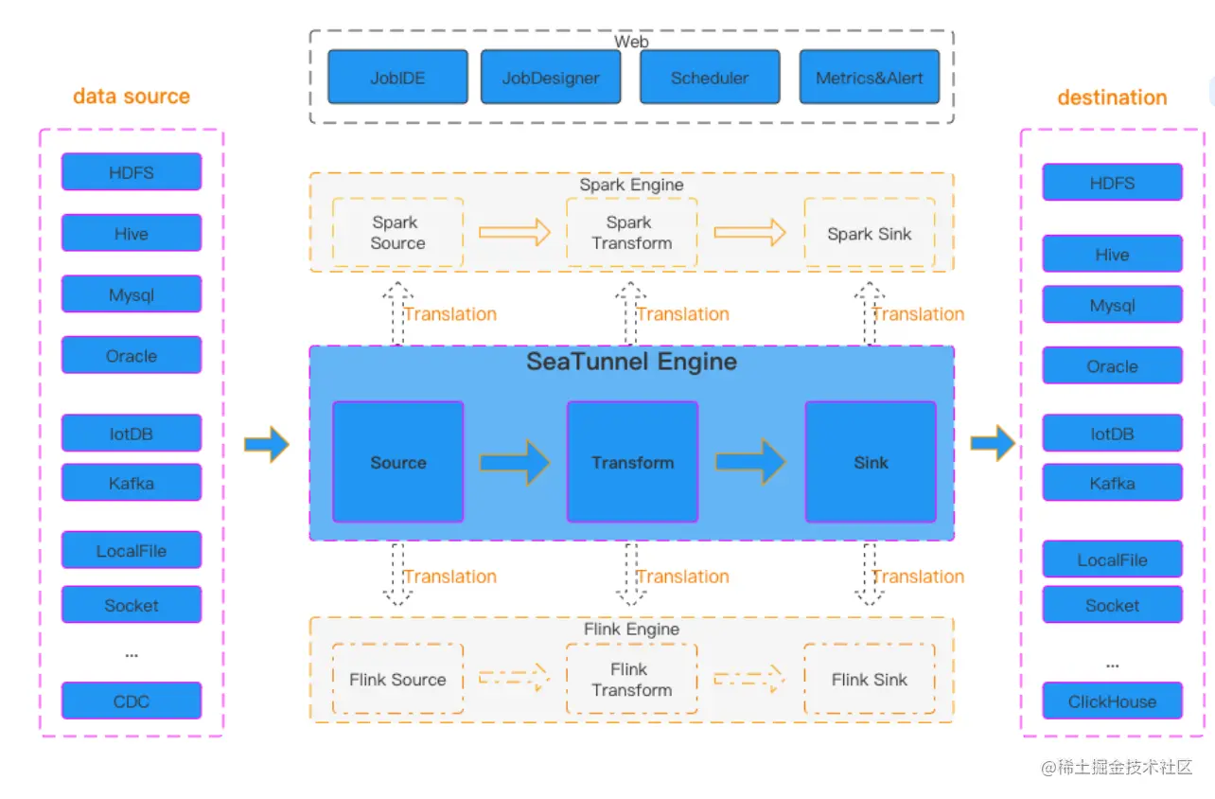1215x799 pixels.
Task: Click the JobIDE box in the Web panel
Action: tap(397, 77)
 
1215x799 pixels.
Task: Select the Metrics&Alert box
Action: tap(869, 77)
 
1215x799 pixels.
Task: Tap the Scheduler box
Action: tap(710, 77)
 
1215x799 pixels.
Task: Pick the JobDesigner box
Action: tap(551, 77)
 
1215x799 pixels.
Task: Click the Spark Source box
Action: tap(397, 233)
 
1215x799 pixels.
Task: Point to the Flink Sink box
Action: tap(869, 679)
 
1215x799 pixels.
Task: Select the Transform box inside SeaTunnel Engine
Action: tap(632, 462)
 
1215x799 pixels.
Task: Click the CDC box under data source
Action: tap(132, 701)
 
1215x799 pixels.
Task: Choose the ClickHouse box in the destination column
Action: tap(1112, 701)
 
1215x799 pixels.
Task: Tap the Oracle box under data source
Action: tap(132, 355)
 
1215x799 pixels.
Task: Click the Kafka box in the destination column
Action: tap(1112, 483)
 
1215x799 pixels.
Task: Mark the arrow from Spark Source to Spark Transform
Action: tap(515, 232)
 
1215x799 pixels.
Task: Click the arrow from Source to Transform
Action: tap(515, 462)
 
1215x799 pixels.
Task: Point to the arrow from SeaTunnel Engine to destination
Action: tap(992, 443)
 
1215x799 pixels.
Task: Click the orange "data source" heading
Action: tap(132, 97)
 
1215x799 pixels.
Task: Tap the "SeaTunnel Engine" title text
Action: tap(631, 362)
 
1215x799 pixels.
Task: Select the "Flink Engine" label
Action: tap(631, 630)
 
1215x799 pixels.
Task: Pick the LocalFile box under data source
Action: tap(132, 550)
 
